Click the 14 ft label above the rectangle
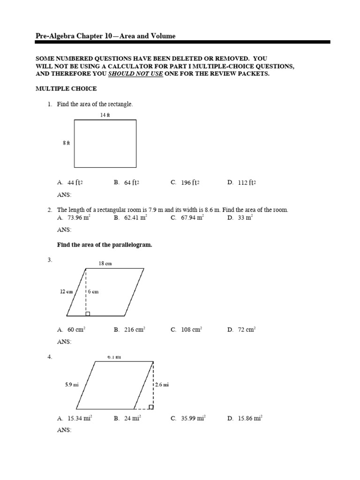pyautogui.click(x=105, y=115)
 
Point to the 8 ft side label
pyautogui.click(x=66, y=143)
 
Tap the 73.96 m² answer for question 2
pyautogui.click(x=78, y=217)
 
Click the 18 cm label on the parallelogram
pyautogui.click(x=105, y=263)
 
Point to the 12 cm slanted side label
pyautogui.click(x=66, y=291)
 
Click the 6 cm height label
pyautogui.click(x=93, y=291)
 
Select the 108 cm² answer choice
pyautogui.click(x=191, y=330)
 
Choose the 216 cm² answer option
pyautogui.click(x=135, y=330)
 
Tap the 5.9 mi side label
pyautogui.click(x=72, y=384)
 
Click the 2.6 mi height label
pyautogui.click(x=162, y=384)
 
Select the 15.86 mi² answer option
pyautogui.click(x=250, y=418)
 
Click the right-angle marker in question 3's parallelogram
pyautogui.click(x=88, y=314)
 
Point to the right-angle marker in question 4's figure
pyautogui.click(x=151, y=407)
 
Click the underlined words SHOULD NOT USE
pyautogui.click(x=135, y=74)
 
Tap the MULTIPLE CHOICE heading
pyautogui.click(x=67, y=89)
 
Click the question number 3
pyautogui.click(x=50, y=259)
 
